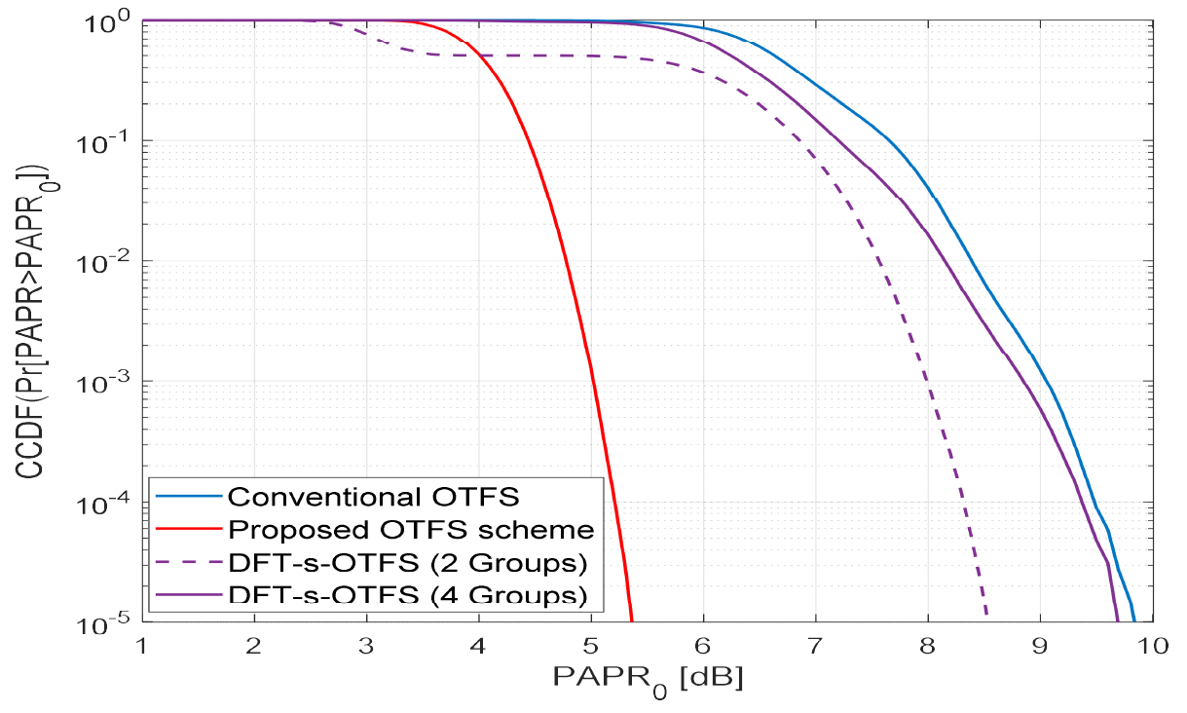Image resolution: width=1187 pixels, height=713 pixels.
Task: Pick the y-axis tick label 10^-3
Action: (109, 382)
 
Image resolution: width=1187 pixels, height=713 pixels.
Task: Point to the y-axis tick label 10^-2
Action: (109, 262)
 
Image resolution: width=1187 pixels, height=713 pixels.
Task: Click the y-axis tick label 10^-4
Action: (109, 503)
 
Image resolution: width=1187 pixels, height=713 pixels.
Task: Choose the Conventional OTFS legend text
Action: (373, 497)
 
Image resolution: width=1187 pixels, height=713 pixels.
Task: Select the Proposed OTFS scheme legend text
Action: (410, 530)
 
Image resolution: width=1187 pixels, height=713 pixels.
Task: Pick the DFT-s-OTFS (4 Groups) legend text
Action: (408, 595)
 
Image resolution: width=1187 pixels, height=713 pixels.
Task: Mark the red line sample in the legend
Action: (187, 530)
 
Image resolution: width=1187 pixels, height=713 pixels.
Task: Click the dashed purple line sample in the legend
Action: (187, 563)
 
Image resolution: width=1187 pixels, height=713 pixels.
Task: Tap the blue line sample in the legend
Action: (187, 497)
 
